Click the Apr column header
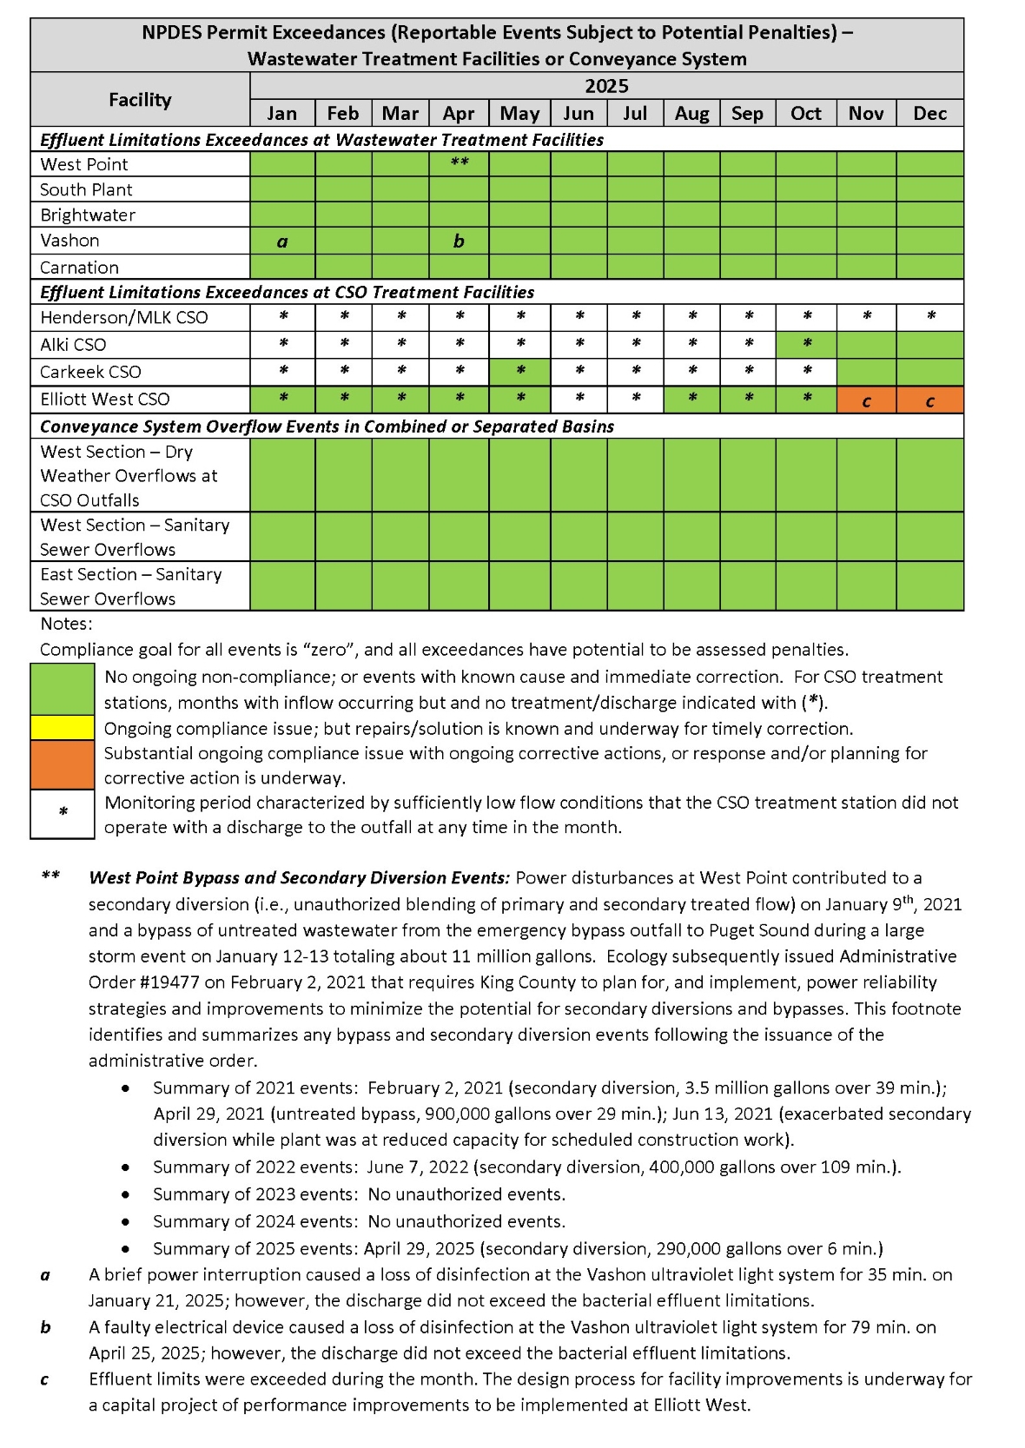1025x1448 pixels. [459, 114]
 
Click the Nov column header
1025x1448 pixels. [866, 114]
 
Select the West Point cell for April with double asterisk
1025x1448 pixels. [459, 163]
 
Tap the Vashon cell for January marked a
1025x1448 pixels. [282, 241]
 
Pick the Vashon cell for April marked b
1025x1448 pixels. [459, 241]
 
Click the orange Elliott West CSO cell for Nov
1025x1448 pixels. [866, 400]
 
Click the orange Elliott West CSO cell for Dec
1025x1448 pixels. [929, 400]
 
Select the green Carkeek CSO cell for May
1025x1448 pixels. [519, 372]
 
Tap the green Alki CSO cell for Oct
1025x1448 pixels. [806, 344]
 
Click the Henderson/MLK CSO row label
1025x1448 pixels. [124, 318]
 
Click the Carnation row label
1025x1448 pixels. [79, 268]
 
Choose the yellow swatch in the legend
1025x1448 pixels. [63, 728]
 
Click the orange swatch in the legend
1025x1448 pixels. [63, 764]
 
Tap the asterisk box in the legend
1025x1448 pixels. [63, 814]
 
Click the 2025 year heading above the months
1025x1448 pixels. [606, 86]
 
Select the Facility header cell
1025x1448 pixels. [140, 100]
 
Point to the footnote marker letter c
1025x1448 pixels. [45, 1379]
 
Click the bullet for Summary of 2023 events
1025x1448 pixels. [127, 1194]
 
